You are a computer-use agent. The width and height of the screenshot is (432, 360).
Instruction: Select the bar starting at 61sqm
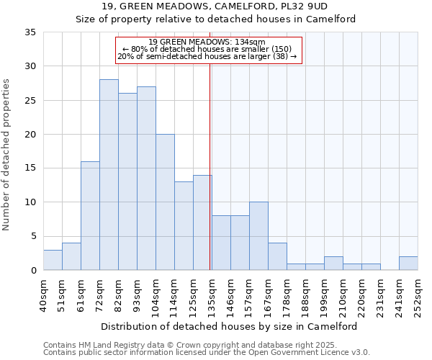pyautogui.click(x=90, y=216)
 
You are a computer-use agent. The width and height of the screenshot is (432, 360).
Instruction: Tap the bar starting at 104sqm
pyautogui.click(x=165, y=202)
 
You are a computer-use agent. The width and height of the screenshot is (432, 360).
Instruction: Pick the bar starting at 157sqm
pyautogui.click(x=258, y=236)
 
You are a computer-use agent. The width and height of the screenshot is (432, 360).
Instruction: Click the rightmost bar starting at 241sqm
pyautogui.click(x=408, y=264)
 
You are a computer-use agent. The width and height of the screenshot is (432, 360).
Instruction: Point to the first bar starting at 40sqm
pyautogui.click(x=53, y=260)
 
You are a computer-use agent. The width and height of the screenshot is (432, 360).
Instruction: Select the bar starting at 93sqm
pyautogui.click(x=146, y=179)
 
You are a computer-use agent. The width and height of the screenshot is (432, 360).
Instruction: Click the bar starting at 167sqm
pyautogui.click(x=277, y=256)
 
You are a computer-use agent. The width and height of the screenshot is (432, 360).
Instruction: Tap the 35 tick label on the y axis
pyautogui.click(x=30, y=32)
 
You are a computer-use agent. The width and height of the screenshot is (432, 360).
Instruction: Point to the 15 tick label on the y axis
pyautogui.click(x=30, y=168)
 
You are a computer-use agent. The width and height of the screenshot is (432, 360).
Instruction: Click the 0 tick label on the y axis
pyautogui.click(x=32, y=271)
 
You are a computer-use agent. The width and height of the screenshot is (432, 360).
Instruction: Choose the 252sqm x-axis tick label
pyautogui.click(x=418, y=294)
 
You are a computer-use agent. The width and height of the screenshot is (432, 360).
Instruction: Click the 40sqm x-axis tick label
pyautogui.click(x=43, y=294)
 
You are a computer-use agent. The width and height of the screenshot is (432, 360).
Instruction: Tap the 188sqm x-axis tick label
pyautogui.click(x=305, y=294)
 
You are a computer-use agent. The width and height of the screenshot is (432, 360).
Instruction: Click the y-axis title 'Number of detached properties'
pyautogui.click(x=7, y=155)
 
